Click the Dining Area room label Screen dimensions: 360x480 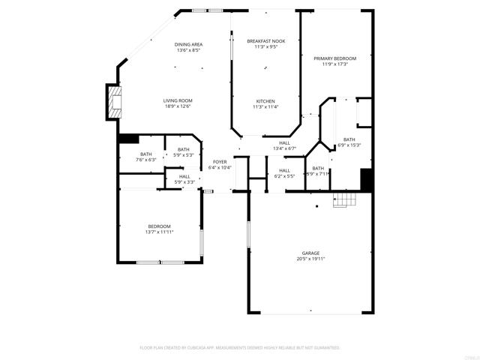pos(189,44)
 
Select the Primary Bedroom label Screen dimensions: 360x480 pos(334,58)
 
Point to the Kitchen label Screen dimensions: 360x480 pos(265,101)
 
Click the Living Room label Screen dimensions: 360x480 pos(178,100)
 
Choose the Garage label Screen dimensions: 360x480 pos(311,253)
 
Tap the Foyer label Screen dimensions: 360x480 pos(220,162)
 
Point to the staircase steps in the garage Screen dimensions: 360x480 pos(345,199)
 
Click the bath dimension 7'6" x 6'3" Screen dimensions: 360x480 pos(145,160)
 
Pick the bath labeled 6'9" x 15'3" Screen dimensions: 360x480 pos(349,145)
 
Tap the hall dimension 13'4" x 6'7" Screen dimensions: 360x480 pos(284,148)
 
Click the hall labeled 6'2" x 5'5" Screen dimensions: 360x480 pos(284,176)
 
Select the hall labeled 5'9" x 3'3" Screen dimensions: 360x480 pos(184,182)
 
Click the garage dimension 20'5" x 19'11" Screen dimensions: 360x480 pos(311,259)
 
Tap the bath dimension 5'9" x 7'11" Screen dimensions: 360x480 pos(318,174)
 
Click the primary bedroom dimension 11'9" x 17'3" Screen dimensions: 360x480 pos(334,64)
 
